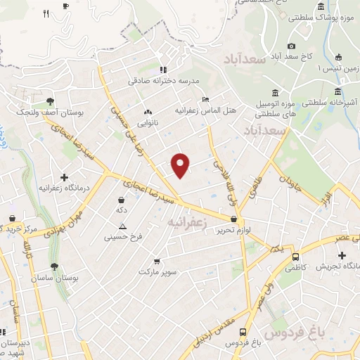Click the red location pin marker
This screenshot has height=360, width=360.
point(181,165)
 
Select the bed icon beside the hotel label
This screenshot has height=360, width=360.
point(205,100)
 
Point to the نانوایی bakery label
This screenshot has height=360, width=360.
point(147,122)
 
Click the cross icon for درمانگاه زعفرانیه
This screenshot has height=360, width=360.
point(65,178)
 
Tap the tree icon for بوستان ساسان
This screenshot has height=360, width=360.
point(55,266)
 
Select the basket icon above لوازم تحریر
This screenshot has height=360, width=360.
point(233,219)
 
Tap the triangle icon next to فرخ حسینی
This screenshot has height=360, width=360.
point(122,226)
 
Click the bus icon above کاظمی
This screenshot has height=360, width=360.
point(295,257)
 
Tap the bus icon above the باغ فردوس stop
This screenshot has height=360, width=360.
point(243,332)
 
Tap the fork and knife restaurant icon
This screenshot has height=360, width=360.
point(46,13)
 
